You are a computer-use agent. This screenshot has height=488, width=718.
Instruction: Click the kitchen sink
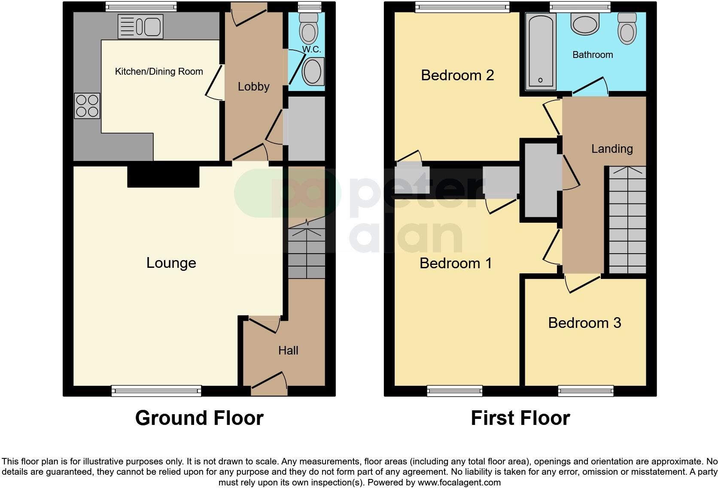click(x=140, y=26)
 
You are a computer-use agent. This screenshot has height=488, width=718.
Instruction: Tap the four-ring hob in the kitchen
click(x=87, y=106)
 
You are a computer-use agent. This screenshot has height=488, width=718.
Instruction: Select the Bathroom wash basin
click(x=584, y=24)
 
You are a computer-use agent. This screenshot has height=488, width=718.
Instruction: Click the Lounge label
click(x=171, y=263)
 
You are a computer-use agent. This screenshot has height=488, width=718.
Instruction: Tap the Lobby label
click(x=253, y=86)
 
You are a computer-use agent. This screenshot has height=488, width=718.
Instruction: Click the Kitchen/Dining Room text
click(x=159, y=71)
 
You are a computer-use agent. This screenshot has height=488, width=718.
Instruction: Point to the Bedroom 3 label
click(x=584, y=323)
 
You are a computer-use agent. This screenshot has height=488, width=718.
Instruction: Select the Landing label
click(x=612, y=149)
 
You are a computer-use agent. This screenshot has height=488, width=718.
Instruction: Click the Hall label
click(x=288, y=350)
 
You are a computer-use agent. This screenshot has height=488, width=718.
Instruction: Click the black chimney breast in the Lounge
click(x=163, y=177)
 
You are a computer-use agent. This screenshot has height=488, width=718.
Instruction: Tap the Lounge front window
click(x=156, y=391)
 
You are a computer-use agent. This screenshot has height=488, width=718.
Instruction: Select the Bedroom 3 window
click(x=586, y=391)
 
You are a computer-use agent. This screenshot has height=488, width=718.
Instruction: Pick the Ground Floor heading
click(x=199, y=418)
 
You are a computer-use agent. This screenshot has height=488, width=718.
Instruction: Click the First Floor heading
click(x=520, y=418)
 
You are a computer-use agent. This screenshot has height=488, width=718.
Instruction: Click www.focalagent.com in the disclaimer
click(x=459, y=482)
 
